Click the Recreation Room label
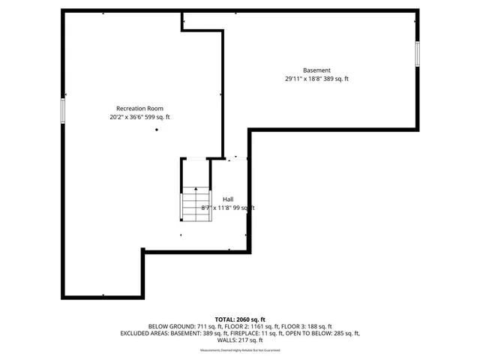139,108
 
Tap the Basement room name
316,70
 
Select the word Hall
227,199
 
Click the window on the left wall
64,111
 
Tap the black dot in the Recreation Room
157,130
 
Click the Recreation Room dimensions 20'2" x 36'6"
125,117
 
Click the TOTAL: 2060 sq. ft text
240,319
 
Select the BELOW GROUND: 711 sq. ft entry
176,327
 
